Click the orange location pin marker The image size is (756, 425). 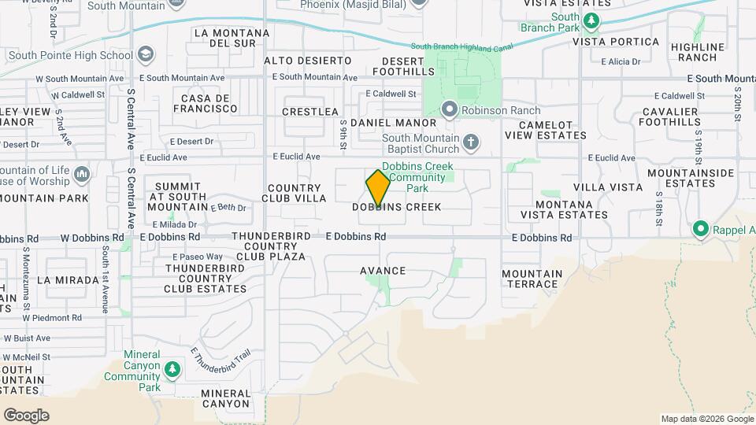378,187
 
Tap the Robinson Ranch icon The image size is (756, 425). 450,109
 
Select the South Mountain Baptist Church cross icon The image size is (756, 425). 470,142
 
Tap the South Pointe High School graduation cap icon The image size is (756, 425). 145,55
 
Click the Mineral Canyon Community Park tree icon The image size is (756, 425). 171,368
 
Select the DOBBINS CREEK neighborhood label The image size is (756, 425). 396,207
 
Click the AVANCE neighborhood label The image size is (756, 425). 383,271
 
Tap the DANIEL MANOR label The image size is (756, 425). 393,123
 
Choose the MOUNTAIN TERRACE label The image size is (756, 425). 532,279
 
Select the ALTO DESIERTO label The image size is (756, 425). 307,61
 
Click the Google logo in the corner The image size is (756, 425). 26,415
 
